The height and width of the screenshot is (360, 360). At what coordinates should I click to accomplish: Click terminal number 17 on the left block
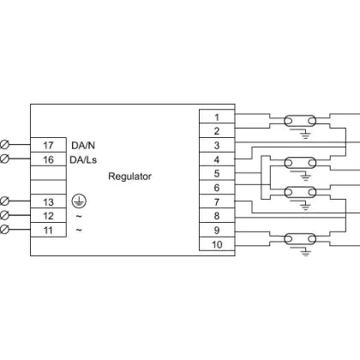[48, 146]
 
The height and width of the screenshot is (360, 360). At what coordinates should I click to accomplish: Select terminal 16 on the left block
[48, 159]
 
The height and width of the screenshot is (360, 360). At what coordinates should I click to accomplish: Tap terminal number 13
[48, 202]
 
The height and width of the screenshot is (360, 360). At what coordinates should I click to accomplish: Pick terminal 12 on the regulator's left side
[48, 216]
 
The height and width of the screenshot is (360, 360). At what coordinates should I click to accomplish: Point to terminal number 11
[48, 230]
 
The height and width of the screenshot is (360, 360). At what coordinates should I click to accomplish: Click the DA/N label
[83, 146]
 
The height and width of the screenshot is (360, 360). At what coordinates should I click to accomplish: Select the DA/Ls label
[83, 159]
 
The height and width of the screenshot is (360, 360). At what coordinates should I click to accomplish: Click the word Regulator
[129, 177]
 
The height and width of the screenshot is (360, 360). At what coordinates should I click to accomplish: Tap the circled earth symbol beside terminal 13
[79, 201]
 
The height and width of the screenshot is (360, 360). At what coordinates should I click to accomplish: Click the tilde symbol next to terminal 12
[79, 216]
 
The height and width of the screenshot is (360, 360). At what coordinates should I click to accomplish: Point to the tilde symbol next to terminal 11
[79, 230]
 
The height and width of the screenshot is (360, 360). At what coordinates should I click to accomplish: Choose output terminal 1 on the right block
[217, 117]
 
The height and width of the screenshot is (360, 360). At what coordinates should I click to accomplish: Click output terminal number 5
[217, 173]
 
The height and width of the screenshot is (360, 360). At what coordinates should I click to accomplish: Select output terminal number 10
[217, 244]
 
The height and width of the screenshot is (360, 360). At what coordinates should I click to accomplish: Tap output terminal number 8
[217, 216]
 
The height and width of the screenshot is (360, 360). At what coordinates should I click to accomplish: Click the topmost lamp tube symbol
[300, 121]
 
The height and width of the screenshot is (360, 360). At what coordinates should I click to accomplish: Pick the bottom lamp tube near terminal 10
[300, 239]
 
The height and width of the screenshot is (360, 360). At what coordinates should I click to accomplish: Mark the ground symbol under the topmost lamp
[305, 135]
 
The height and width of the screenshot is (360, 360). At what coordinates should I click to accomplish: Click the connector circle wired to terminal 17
[4, 145]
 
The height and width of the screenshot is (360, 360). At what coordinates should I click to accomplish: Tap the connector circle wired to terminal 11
[4, 230]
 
